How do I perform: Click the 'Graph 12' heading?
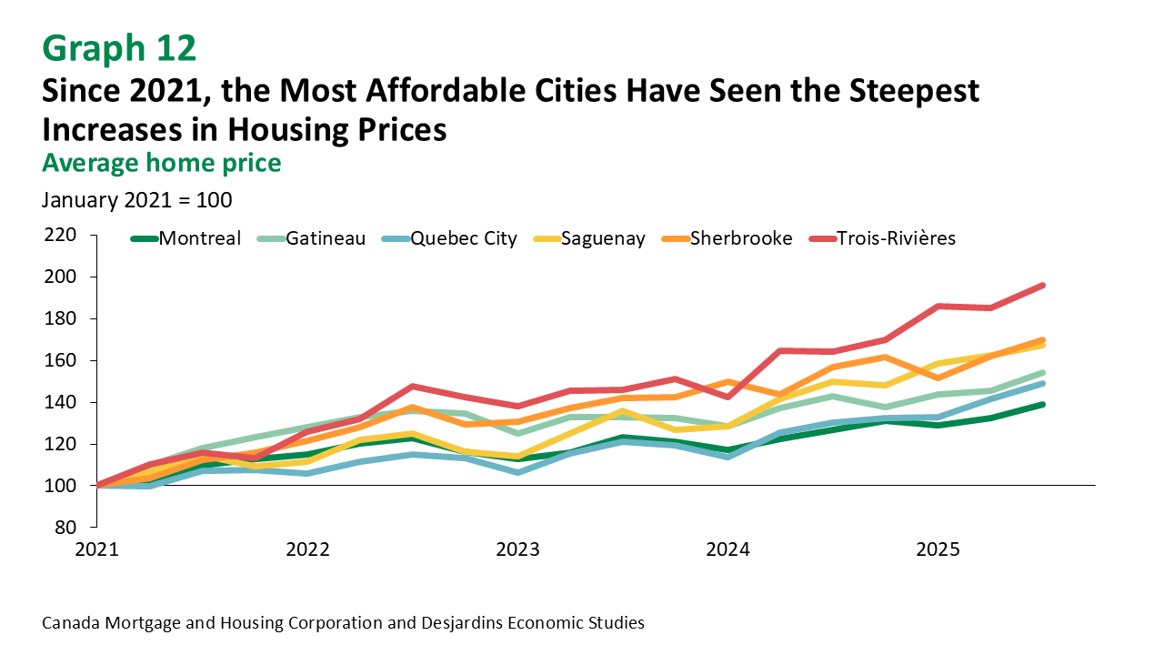click(119, 46)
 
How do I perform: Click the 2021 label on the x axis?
click(96, 549)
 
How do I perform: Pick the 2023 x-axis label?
click(517, 549)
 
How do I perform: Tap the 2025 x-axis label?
click(938, 549)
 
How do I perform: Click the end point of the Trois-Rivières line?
click(1042, 286)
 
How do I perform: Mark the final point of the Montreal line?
click(1042, 405)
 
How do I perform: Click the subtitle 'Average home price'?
click(161, 162)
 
